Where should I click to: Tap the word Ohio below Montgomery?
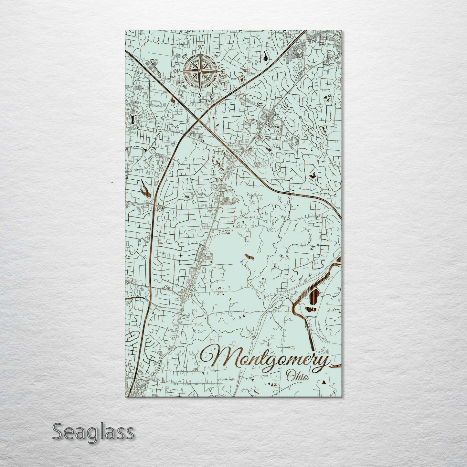297,376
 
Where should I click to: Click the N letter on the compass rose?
201,48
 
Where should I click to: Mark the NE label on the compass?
216,56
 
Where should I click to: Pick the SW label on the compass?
185,86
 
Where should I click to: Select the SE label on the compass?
216,86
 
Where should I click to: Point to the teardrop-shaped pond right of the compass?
265,58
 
